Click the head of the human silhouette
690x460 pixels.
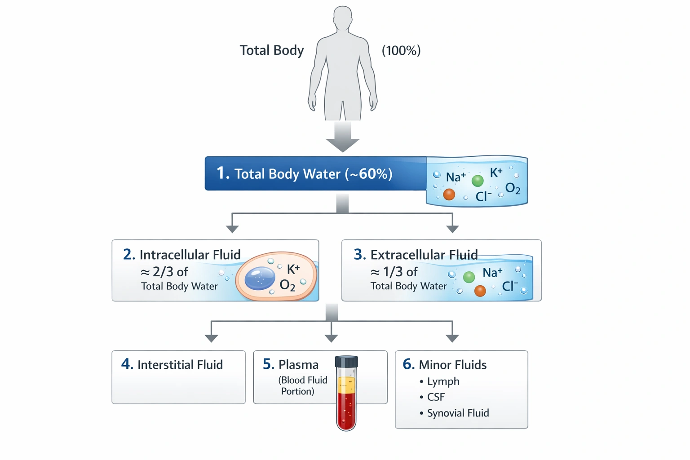tap(343, 18)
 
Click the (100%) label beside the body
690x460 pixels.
tap(401, 50)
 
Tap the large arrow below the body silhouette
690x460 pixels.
tap(343, 137)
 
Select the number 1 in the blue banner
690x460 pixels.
tap(221, 173)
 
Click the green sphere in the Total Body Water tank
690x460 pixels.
tap(478, 181)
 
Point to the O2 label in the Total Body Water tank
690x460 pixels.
tap(513, 188)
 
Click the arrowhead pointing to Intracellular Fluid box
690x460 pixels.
tap(232, 229)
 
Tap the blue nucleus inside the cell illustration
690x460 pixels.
tap(260, 278)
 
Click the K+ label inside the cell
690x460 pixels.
tap(293, 269)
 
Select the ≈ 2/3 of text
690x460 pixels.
tap(164, 272)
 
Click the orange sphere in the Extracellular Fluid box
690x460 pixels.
tap(480, 291)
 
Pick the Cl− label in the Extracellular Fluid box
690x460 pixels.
tap(510, 286)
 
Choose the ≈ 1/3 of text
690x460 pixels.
tap(394, 272)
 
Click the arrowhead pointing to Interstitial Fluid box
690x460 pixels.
tap(211, 338)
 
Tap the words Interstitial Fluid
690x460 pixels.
tap(180, 364)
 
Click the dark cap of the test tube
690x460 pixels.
tap(346, 362)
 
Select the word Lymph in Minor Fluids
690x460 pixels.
tap(443, 381)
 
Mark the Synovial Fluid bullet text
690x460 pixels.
tap(458, 413)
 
